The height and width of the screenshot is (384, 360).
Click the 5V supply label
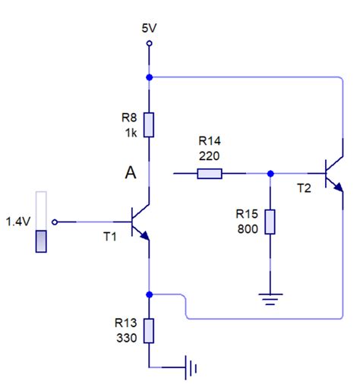[x=150, y=27]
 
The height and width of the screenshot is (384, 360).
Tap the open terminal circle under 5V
[x=150, y=44]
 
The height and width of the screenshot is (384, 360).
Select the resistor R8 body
[x=150, y=124]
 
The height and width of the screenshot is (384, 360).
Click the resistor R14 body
[x=210, y=174]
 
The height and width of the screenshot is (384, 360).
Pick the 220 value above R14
[x=209, y=155]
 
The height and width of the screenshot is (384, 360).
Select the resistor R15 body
[x=270, y=222]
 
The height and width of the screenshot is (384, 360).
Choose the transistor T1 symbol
[x=139, y=222]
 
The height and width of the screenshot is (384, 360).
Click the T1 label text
[x=111, y=236]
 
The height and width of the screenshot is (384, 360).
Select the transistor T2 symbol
[x=331, y=174]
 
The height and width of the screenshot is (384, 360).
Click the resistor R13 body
[x=150, y=331]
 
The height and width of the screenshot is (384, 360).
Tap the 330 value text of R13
[x=127, y=338]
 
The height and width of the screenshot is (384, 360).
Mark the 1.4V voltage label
[x=17, y=222]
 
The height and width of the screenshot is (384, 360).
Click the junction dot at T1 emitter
[x=150, y=294]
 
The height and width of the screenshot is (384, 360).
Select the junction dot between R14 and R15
[x=270, y=174]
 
